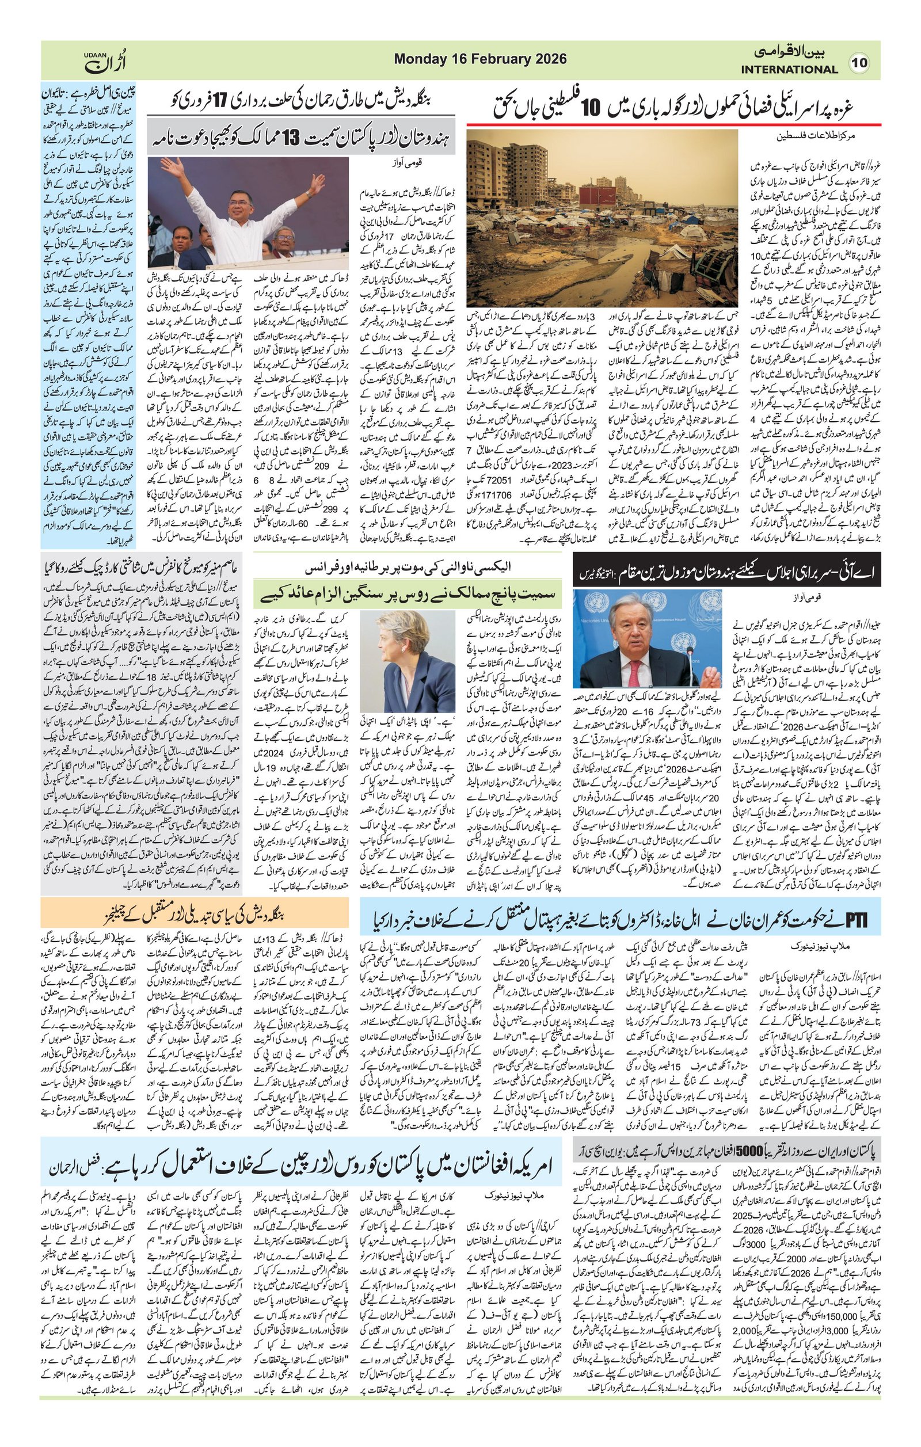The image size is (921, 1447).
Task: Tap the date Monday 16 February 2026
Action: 480,59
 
